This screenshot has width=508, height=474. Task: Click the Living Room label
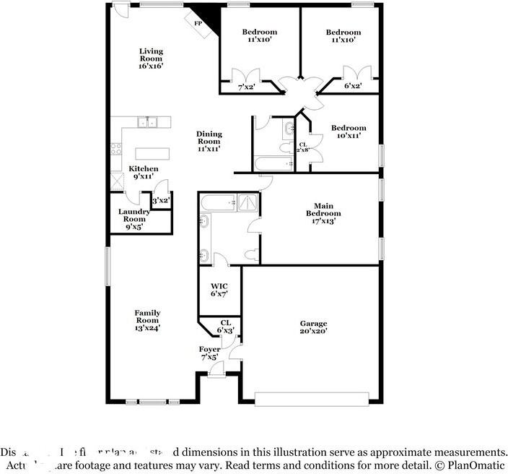tap(151, 59)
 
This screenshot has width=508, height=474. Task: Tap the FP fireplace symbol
tap(198, 23)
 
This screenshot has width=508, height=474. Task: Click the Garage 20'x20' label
tap(314, 327)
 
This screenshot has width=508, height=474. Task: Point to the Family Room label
tap(147, 319)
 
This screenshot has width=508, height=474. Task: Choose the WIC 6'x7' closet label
tap(219, 290)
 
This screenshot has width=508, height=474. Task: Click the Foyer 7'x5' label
tap(209, 353)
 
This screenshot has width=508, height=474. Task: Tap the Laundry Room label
tap(134, 218)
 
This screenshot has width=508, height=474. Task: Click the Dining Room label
tap(209, 141)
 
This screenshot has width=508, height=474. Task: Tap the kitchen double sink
tap(147, 122)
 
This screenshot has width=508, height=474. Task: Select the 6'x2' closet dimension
tap(352, 86)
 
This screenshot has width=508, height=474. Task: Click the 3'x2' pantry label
tap(160, 200)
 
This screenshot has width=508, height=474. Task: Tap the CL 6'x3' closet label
tap(226, 327)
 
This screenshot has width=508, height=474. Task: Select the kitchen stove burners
tap(115, 150)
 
